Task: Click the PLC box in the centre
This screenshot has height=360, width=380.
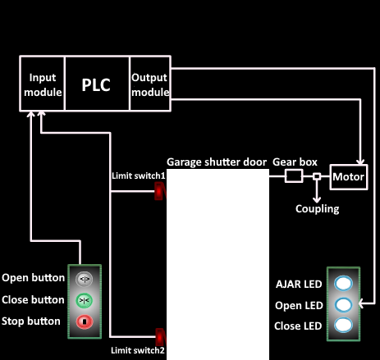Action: [x=97, y=84]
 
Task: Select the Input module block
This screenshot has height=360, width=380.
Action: [x=43, y=84]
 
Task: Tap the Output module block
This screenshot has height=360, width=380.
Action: [x=150, y=84]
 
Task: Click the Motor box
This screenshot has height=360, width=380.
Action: [x=349, y=177]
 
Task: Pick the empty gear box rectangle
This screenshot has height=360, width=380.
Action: [x=294, y=175]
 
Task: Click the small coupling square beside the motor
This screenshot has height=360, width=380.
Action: [x=317, y=176]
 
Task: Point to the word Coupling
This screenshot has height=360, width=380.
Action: [x=318, y=209]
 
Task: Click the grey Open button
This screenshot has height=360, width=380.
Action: [x=85, y=279]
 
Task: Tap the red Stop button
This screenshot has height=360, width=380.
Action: [x=85, y=321]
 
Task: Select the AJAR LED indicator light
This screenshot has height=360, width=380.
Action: [x=343, y=283]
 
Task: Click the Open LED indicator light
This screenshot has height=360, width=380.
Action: [x=343, y=304]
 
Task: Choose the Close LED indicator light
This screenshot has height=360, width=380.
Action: [x=343, y=325]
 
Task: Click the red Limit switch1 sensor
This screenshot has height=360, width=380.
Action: [x=160, y=191]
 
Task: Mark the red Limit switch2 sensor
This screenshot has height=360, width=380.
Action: [x=161, y=337]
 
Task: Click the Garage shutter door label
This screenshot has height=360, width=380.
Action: [x=217, y=162]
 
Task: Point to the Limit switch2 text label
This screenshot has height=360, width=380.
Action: [x=138, y=350]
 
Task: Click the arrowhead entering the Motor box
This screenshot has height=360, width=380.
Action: [x=360, y=162]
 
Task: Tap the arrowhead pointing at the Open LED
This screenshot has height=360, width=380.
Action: [x=361, y=303]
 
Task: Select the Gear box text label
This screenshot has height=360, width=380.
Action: [x=295, y=162]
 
